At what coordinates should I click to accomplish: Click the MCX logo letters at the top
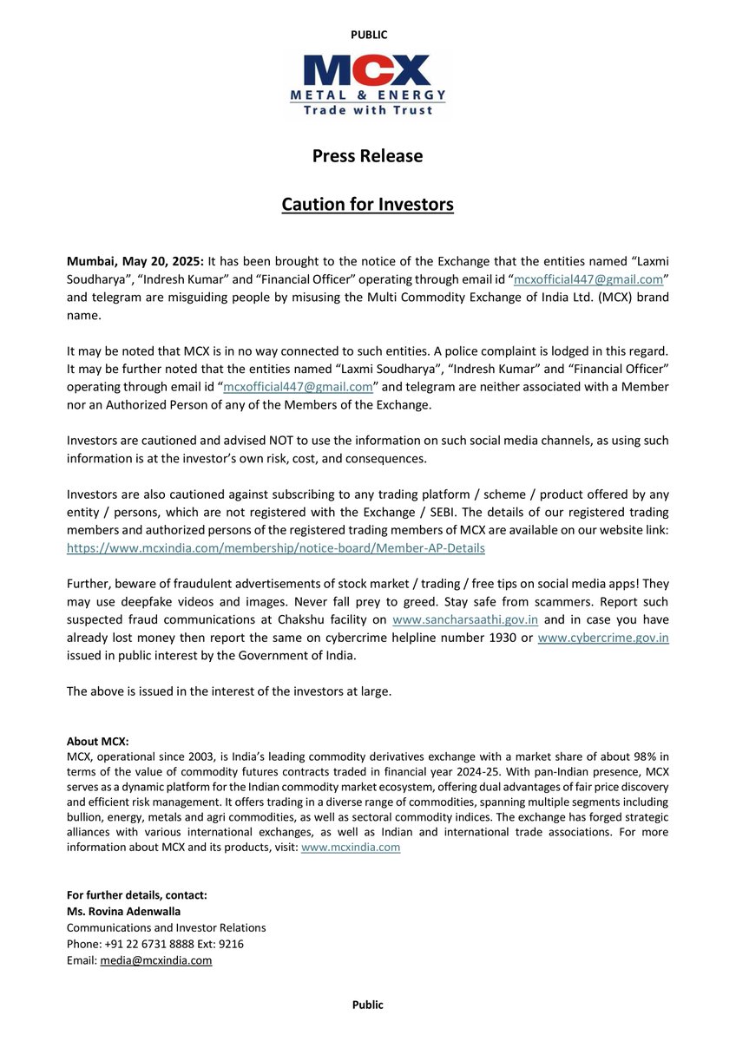pyautogui.click(x=367, y=70)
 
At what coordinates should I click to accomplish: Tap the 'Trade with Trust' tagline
pyautogui.click(x=367, y=109)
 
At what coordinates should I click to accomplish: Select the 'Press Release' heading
pyautogui.click(x=367, y=156)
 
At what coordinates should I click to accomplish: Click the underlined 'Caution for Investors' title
pyautogui.click(x=367, y=205)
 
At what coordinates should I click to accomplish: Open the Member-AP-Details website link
pyautogui.click(x=275, y=548)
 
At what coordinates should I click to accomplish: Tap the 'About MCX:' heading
pyautogui.click(x=97, y=742)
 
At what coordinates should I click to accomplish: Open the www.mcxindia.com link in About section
pyautogui.click(x=350, y=848)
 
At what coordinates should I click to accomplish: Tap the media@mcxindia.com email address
pyautogui.click(x=155, y=960)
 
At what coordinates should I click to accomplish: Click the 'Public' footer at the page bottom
pyautogui.click(x=367, y=1005)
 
